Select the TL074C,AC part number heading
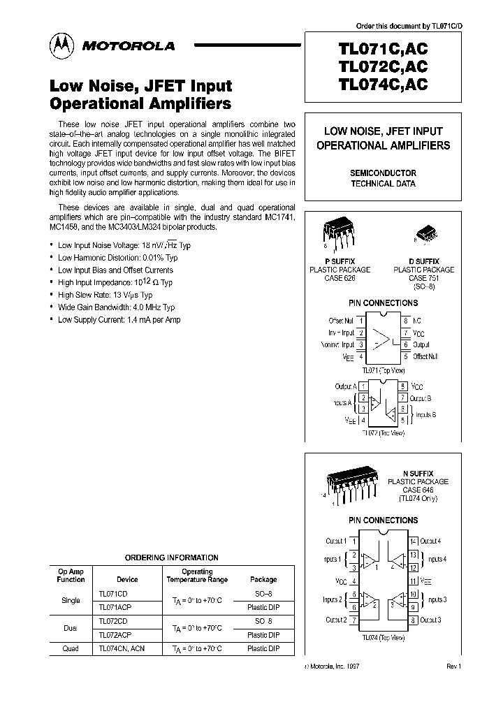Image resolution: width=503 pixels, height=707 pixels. pyautogui.click(x=382, y=85)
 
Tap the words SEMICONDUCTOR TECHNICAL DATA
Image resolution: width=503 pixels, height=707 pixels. pyautogui.click(x=383, y=178)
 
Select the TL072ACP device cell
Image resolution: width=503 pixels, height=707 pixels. pyautogui.click(x=115, y=635)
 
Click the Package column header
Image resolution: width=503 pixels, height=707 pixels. pyautogui.click(x=263, y=579)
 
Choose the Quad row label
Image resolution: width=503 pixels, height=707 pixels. pyautogui.click(x=71, y=648)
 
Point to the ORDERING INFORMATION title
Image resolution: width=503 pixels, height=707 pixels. pyautogui.click(x=171, y=557)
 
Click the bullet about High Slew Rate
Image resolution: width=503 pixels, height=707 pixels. pyautogui.click(x=105, y=295)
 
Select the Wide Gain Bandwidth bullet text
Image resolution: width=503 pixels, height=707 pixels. pyautogui.click(x=116, y=307)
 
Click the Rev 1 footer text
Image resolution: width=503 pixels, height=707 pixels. pyautogui.click(x=454, y=666)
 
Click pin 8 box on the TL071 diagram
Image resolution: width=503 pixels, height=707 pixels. pyautogui.click(x=405, y=320)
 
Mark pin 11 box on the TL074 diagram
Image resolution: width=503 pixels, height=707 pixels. pyautogui.click(x=413, y=581)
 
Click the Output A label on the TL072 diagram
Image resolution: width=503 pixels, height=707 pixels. pyautogui.click(x=346, y=386)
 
